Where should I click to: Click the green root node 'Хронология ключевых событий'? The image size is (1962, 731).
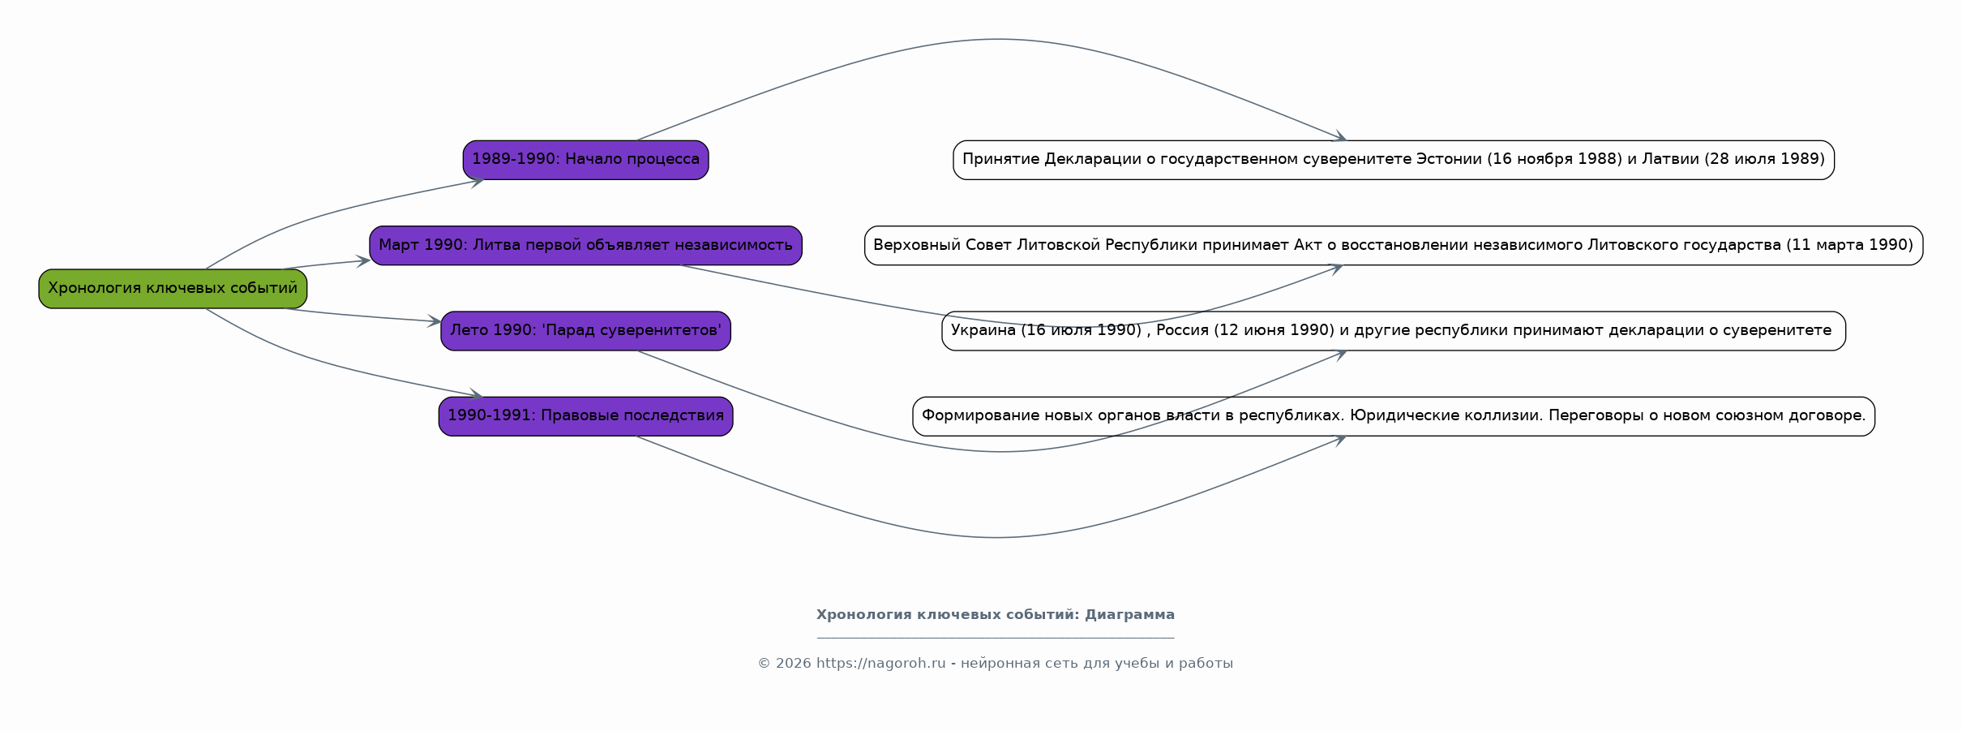[x=173, y=289]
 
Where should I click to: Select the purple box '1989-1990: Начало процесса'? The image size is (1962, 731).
[x=585, y=160]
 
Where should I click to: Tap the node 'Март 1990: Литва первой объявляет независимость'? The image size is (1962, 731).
[x=585, y=246]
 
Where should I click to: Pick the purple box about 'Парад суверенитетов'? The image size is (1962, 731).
[x=585, y=331]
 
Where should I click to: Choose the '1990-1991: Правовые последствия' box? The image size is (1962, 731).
[x=585, y=416]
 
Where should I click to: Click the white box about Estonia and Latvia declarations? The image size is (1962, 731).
[x=1394, y=160]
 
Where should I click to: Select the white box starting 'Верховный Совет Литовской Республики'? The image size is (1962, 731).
[x=1394, y=246]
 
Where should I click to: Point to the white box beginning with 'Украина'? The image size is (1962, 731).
[x=1394, y=331]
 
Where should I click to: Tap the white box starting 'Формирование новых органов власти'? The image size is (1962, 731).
[x=1394, y=416]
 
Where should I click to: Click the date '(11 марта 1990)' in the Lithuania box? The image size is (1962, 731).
[x=1849, y=245]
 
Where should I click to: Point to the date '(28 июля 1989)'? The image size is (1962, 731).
[x=1765, y=159]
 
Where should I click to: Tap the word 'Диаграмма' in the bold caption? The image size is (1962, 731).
[x=1129, y=615]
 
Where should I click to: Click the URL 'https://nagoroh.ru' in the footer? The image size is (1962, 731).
[x=881, y=664]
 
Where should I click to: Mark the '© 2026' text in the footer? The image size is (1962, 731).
[x=784, y=664]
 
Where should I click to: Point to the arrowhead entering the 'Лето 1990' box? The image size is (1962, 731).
[x=435, y=321]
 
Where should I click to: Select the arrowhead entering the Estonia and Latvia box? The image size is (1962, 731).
[x=1339, y=136]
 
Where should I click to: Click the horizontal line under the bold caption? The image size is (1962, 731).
[x=996, y=638]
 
